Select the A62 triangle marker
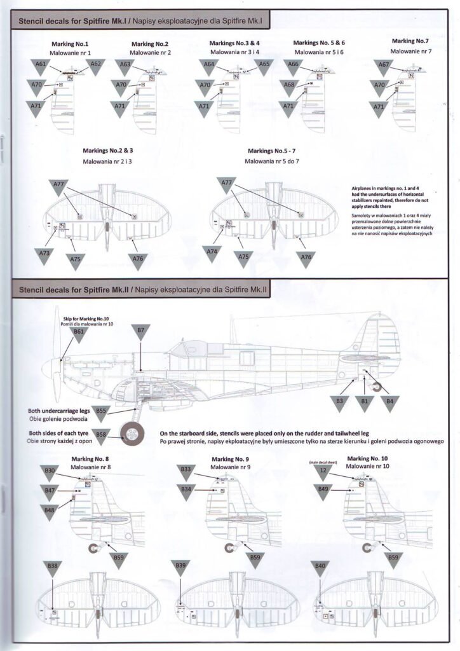(96, 66)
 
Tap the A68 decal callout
(290, 86)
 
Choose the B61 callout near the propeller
(79, 334)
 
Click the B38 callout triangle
(53, 568)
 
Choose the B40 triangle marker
(320, 568)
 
